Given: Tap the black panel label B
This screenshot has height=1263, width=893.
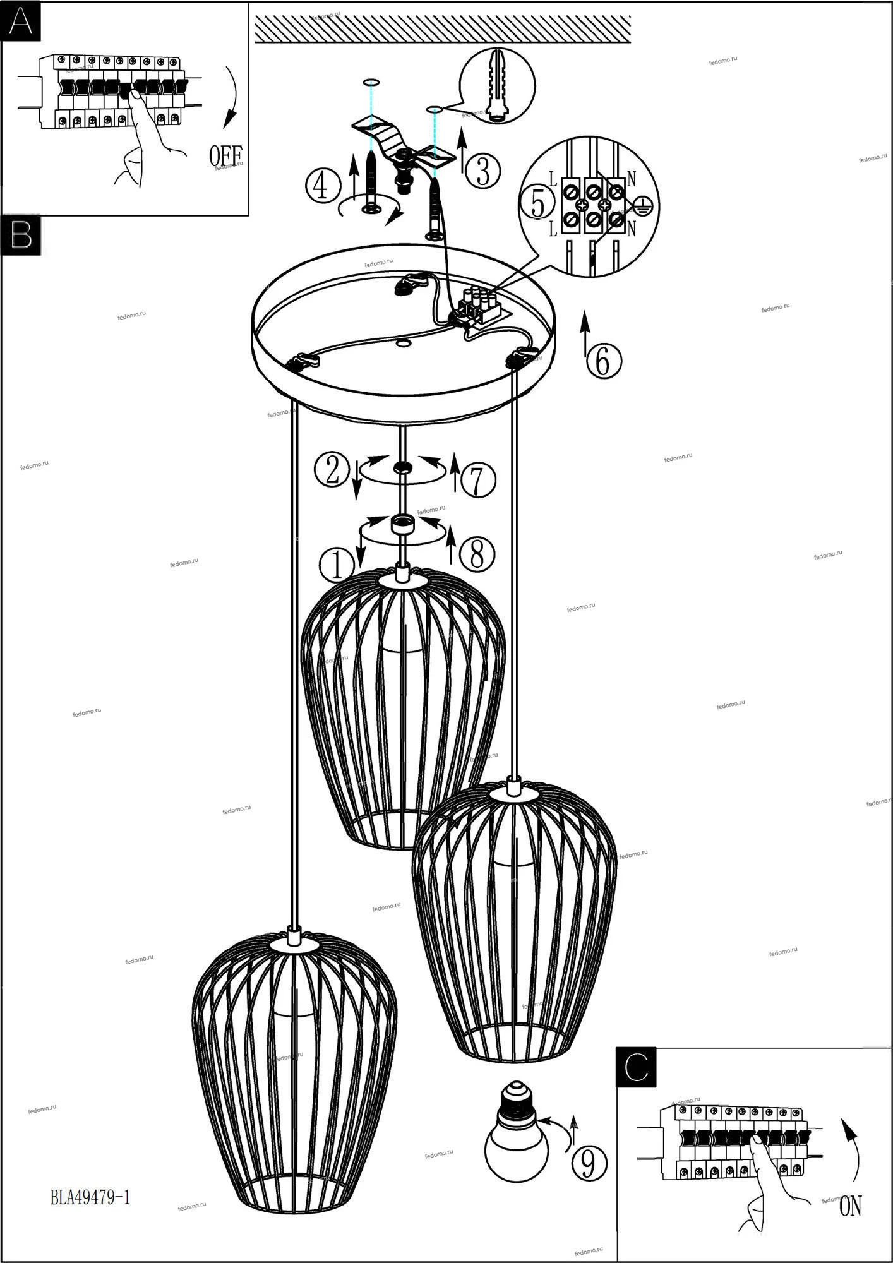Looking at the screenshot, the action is (21, 236).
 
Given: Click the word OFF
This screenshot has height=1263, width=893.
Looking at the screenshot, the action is (225, 155).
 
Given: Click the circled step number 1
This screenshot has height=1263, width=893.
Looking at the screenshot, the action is (337, 565).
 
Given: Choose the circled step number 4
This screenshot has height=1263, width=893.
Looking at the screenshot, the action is (322, 186).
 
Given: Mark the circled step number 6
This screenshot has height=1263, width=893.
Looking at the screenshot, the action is (604, 362).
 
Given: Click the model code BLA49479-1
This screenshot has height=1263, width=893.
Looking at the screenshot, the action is (90, 1196).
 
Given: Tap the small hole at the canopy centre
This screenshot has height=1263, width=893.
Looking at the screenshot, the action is (402, 344).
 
